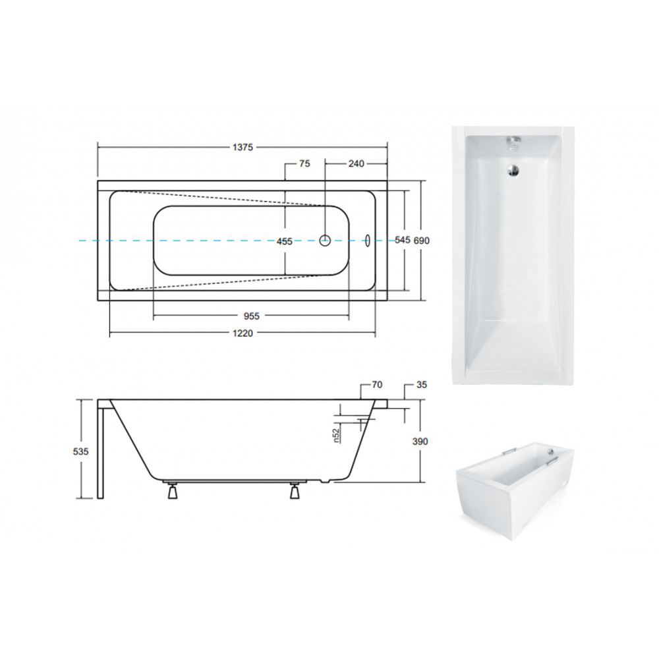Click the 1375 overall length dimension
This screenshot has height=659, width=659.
click(243, 147)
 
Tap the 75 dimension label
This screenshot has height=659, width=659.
click(304, 163)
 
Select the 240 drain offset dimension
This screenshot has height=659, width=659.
click(356, 163)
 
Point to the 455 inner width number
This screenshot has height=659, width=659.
click(285, 242)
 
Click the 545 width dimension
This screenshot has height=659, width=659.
click(402, 240)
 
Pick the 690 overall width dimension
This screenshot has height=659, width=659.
click(422, 241)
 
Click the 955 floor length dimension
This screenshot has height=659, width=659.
click(251, 316)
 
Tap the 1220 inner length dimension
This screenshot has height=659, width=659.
click(243, 333)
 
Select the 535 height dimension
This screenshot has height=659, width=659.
click(80, 451)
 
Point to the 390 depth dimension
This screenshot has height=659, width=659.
click(420, 442)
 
